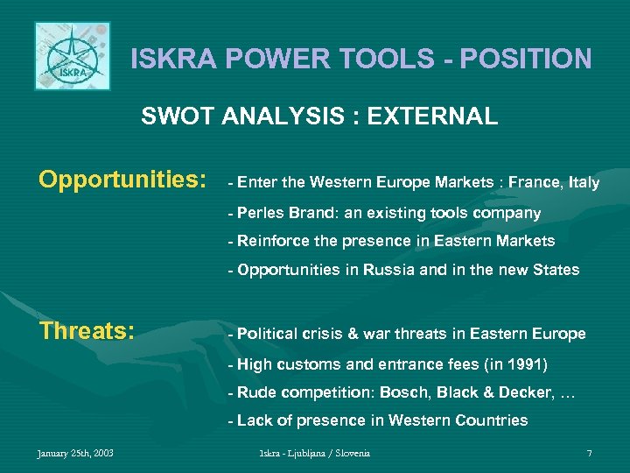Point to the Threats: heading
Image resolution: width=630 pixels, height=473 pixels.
point(86,332)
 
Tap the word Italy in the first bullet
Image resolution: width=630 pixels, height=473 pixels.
point(584,183)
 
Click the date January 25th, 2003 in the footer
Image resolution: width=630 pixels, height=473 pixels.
point(74,453)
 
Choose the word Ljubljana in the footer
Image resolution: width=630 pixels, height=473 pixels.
point(312,453)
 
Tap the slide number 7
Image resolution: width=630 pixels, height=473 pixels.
point(589,453)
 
